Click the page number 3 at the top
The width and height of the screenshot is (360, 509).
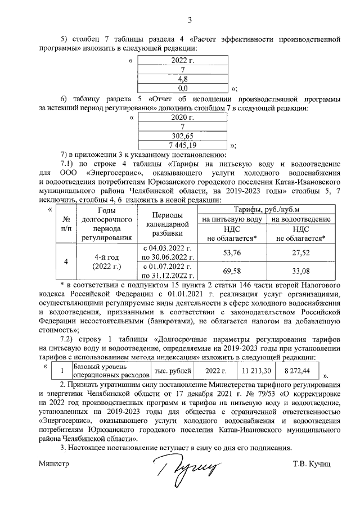pos(190,21)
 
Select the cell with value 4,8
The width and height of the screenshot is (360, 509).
pos(182,79)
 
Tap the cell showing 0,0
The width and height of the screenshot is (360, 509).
pos(182,88)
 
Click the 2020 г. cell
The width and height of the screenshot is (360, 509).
pos(182,118)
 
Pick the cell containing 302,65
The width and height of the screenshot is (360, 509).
pos(182,136)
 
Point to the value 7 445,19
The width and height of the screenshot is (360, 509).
pos(182,145)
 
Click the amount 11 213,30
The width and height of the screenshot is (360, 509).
pos(256,371)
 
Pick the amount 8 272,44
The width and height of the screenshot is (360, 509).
pos(297,371)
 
